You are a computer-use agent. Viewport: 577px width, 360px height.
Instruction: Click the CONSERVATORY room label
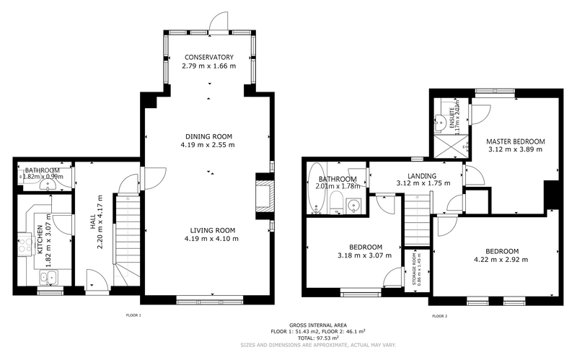coord(208,57)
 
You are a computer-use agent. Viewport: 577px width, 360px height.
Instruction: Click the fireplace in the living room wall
coord(264,197)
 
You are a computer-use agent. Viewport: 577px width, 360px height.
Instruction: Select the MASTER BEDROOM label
coord(515,141)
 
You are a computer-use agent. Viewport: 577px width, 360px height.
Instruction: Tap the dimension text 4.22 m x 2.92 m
coord(501,260)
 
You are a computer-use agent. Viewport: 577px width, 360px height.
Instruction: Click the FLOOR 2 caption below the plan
coord(440,315)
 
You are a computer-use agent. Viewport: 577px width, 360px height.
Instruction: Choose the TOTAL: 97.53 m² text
coord(317,336)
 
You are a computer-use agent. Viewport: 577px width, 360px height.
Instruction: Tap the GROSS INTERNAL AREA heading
coord(317,325)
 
